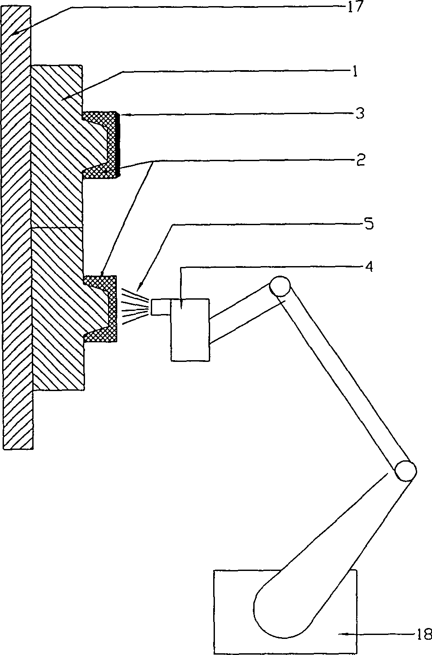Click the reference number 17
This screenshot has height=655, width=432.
point(354,7)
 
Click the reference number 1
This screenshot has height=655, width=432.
point(355,72)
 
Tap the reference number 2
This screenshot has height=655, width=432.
point(360,161)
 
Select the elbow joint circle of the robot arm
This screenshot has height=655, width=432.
point(405,470)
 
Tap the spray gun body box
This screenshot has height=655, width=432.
point(190,330)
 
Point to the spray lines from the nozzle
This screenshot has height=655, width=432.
point(133,307)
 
